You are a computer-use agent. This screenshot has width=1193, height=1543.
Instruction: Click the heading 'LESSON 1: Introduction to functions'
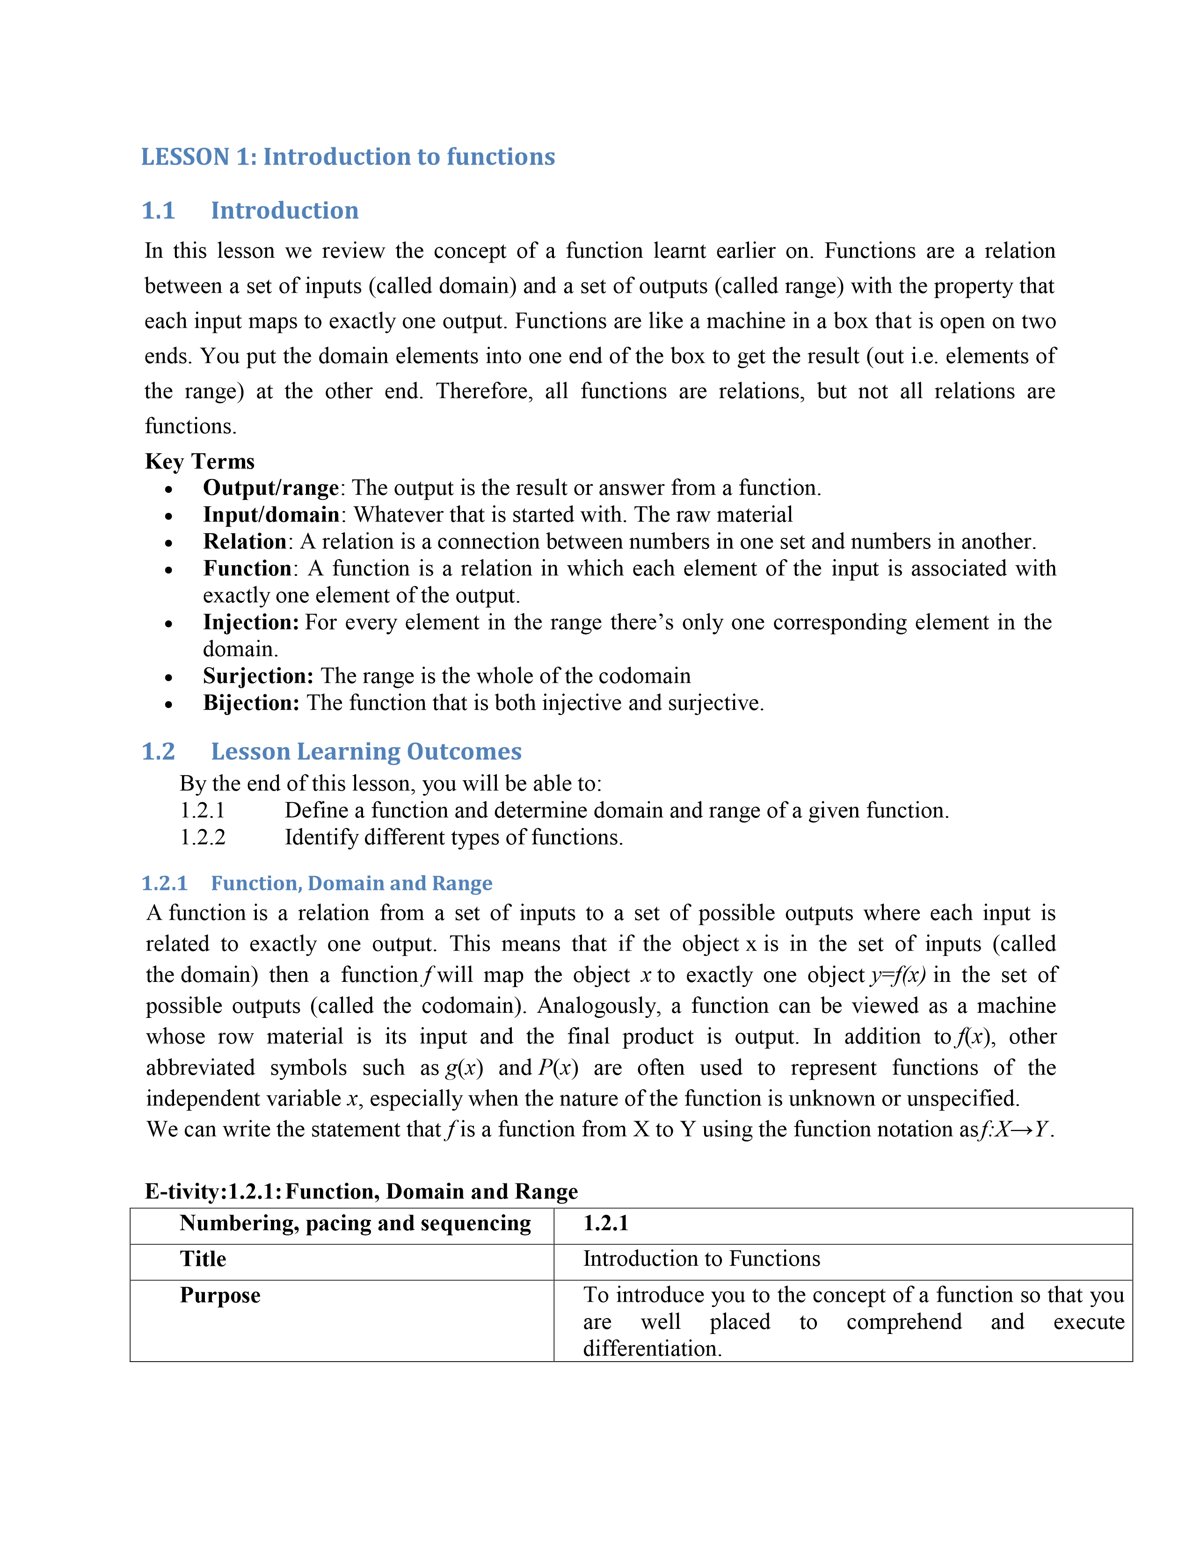click(x=348, y=157)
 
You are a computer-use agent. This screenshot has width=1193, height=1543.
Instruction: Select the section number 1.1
click(x=158, y=210)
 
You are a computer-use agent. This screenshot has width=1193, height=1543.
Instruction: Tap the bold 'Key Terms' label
click(x=199, y=461)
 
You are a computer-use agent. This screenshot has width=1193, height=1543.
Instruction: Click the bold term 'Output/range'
click(x=271, y=488)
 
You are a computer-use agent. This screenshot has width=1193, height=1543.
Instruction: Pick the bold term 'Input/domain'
click(x=271, y=515)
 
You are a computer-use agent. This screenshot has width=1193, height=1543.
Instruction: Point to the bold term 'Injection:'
click(x=251, y=622)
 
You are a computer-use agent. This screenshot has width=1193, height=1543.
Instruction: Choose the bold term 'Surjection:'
click(x=258, y=676)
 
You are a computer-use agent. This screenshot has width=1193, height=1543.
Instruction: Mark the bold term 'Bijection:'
click(x=251, y=703)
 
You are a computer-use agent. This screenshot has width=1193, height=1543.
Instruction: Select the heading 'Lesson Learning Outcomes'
click(x=366, y=752)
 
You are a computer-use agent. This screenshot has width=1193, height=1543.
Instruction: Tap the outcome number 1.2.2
click(x=203, y=838)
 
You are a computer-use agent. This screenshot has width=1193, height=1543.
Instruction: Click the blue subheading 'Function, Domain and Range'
click(x=351, y=884)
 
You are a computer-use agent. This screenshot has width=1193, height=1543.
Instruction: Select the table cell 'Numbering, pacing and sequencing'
click(x=355, y=1224)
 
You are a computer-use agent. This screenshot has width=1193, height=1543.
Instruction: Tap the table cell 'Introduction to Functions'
click(x=701, y=1259)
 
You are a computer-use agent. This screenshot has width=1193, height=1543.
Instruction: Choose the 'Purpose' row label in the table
click(x=220, y=1296)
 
